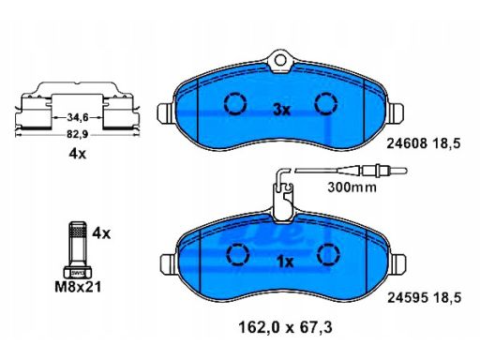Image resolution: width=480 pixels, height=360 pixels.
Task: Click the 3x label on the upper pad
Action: click(x=280, y=110)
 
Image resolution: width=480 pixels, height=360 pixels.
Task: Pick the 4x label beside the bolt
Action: click(x=102, y=232)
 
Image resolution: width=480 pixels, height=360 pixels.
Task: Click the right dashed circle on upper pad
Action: click(x=326, y=104)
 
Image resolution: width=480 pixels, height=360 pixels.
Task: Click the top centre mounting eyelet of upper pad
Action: click(x=279, y=63)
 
